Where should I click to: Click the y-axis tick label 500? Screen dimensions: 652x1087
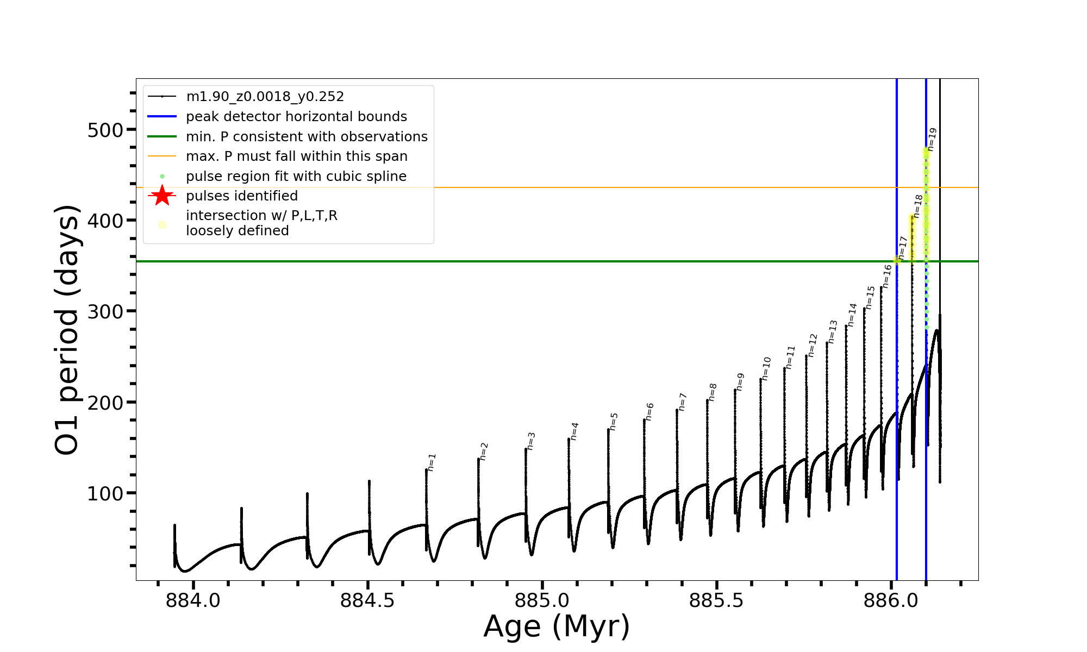pyautogui.click(x=105, y=130)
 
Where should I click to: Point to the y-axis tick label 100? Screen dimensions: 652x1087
pyautogui.click(x=105, y=494)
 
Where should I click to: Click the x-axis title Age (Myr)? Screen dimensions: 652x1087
pyautogui.click(x=557, y=626)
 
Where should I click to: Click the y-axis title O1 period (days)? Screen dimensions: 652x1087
pyautogui.click(x=67, y=330)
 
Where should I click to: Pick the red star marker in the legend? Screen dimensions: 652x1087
pyautogui.click(x=162, y=196)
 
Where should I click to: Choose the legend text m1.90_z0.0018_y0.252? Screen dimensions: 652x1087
pyautogui.click(x=265, y=97)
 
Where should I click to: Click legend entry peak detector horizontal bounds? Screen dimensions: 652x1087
pyautogui.click(x=296, y=117)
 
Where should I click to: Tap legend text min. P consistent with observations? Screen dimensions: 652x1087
pyautogui.click(x=307, y=137)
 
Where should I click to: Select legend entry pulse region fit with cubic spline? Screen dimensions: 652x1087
pyautogui.click(x=296, y=177)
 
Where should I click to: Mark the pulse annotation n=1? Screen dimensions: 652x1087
pyautogui.click(x=432, y=462)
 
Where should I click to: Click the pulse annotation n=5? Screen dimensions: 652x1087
pyautogui.click(x=614, y=422)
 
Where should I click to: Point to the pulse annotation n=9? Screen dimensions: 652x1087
pyautogui.click(x=740, y=381)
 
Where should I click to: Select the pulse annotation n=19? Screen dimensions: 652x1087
pyautogui.click(x=932, y=139)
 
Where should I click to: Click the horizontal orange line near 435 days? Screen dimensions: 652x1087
pyautogui.click(x=543, y=187)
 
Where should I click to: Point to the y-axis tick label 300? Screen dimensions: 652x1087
pyautogui.click(x=105, y=312)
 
